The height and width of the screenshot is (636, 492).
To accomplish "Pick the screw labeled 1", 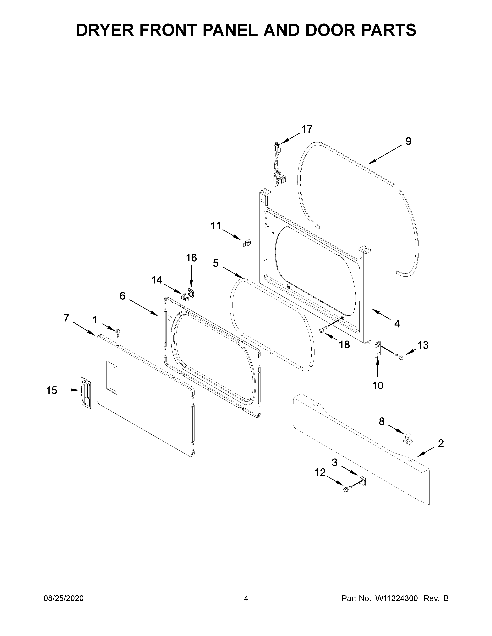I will click(x=118, y=333).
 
